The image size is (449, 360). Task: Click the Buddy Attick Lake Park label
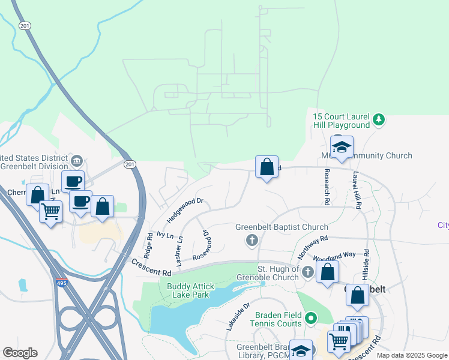pyautogui.click(x=191, y=291)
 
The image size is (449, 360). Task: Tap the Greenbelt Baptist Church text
pyautogui.click(x=282, y=227)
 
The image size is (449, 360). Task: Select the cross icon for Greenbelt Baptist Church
pyautogui.click(x=252, y=241)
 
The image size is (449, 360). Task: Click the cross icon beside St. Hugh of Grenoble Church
pyautogui.click(x=308, y=272)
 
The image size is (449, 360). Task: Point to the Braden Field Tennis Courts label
pyautogui.click(x=277, y=319)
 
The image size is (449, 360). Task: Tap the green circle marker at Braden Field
pyautogui.click(x=310, y=317)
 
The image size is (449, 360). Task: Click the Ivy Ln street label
pyautogui.click(x=164, y=235)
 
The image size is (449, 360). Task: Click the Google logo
pyautogui.click(x=19, y=353)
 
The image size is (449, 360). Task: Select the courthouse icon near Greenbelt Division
pyautogui.click(x=76, y=161)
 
